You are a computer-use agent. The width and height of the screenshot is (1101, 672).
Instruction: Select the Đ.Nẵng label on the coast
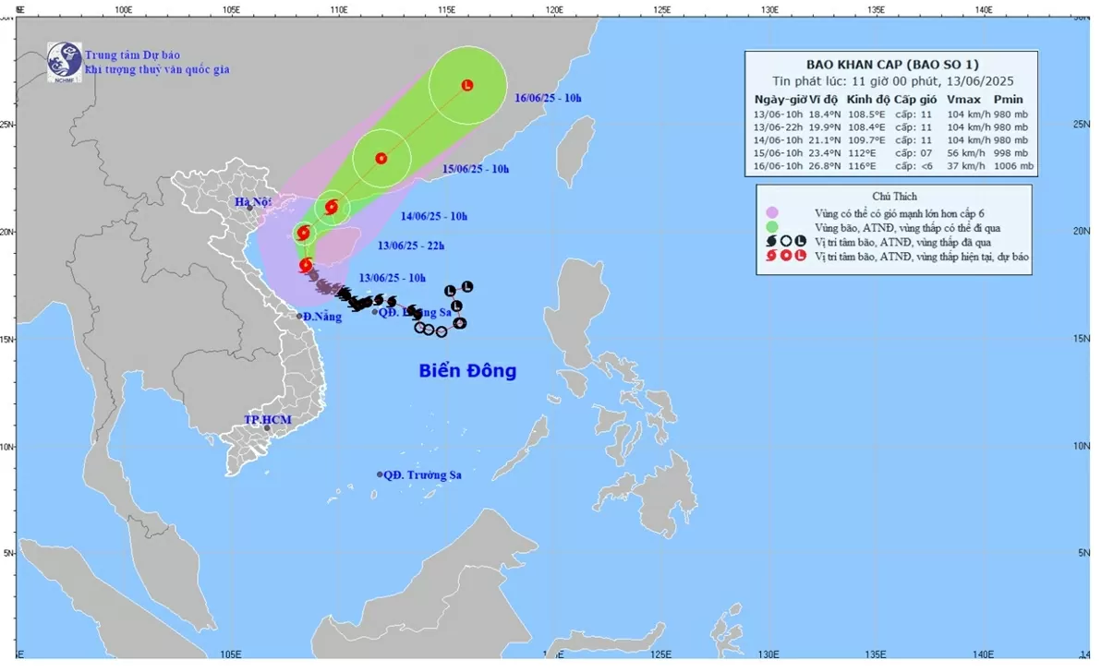(322, 317)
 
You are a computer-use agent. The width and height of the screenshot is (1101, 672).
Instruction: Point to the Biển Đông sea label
(467, 371)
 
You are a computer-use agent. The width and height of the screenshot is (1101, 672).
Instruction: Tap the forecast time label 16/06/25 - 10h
(549, 98)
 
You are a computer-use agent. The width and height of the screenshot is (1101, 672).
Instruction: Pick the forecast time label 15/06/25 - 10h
(475, 169)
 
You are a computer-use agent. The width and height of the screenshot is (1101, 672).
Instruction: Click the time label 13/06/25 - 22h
(411, 246)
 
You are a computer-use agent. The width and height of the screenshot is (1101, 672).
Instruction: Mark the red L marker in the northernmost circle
(467, 85)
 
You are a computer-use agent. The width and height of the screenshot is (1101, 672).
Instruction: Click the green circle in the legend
(772, 227)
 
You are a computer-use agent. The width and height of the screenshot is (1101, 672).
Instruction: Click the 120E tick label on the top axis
(554, 9)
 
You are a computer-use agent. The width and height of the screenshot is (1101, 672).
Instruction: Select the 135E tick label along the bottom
(876, 654)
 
